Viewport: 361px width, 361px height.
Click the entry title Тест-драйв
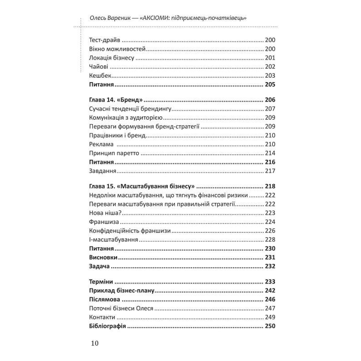click(105, 40)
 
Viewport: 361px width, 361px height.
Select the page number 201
click(270, 58)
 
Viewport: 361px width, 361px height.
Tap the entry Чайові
click(98, 67)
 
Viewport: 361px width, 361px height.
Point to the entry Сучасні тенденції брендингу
click(130, 109)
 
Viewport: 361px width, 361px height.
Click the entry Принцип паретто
click(114, 153)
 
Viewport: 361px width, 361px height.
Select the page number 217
click(270, 171)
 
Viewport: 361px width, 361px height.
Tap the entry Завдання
click(103, 171)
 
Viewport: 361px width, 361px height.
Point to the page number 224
click(270, 222)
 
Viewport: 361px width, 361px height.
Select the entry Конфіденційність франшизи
click(130, 231)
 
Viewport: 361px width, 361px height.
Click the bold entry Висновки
click(103, 258)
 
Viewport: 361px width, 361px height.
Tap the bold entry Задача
click(99, 266)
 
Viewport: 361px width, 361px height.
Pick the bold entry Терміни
click(101, 282)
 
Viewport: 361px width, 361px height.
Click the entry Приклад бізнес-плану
click(122, 291)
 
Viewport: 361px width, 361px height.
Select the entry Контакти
click(102, 317)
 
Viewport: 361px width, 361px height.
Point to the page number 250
click(270, 326)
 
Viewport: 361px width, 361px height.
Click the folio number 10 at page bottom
click(94, 343)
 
